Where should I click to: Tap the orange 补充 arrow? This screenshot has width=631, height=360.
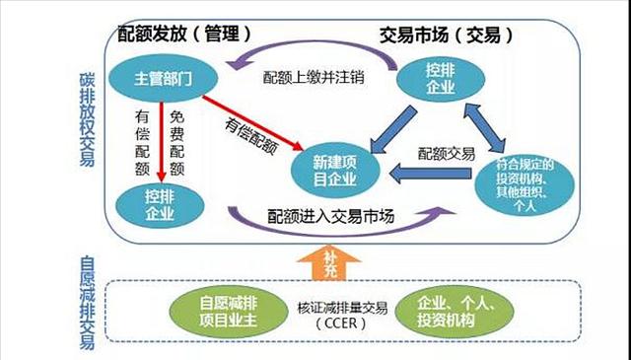point(332,261)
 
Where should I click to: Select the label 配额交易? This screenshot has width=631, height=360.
point(447,154)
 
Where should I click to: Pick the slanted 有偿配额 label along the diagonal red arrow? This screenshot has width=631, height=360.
point(250,136)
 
